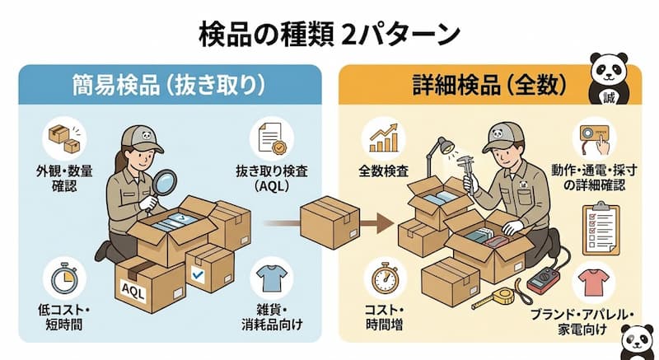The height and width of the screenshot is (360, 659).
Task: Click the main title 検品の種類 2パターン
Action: (329, 34)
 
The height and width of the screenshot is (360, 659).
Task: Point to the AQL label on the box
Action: (133, 288)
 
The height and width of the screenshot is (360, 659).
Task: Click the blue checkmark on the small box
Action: (198, 272)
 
